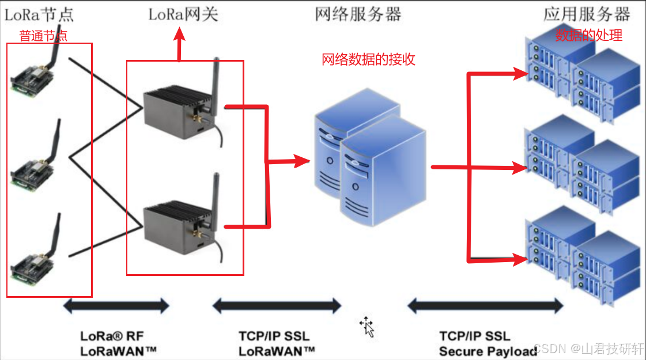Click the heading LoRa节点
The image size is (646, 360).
(39, 14)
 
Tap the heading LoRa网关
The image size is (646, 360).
(183, 14)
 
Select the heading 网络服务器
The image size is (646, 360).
(358, 14)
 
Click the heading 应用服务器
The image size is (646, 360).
(587, 14)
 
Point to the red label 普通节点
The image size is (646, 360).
(43, 36)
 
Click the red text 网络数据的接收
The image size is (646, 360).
(368, 59)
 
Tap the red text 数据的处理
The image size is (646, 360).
(588, 35)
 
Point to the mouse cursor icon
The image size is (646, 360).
(367, 326)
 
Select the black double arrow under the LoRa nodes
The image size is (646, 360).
(116, 305)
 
